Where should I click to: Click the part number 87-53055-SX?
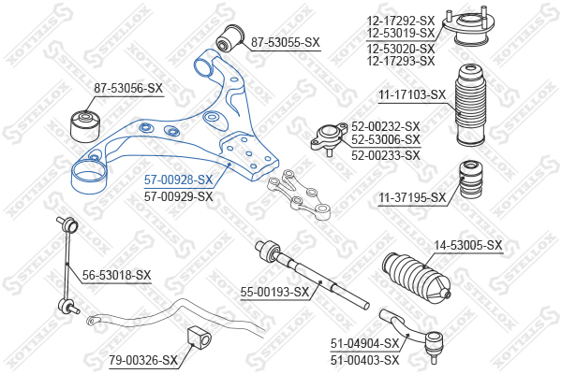[286, 42]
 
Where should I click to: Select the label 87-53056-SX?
[128, 89]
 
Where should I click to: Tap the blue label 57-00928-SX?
[178, 180]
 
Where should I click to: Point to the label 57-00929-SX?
[178, 196]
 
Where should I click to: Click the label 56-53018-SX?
[116, 275]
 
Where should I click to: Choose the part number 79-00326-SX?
[142, 360]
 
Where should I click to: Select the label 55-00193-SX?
[274, 293]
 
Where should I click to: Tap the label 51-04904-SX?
[364, 344]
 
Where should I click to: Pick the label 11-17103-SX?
[413, 94]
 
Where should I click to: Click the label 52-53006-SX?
[386, 139]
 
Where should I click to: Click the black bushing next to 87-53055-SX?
[227, 38]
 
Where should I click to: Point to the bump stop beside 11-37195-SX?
[469, 182]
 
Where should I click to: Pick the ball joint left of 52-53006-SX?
[329, 137]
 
